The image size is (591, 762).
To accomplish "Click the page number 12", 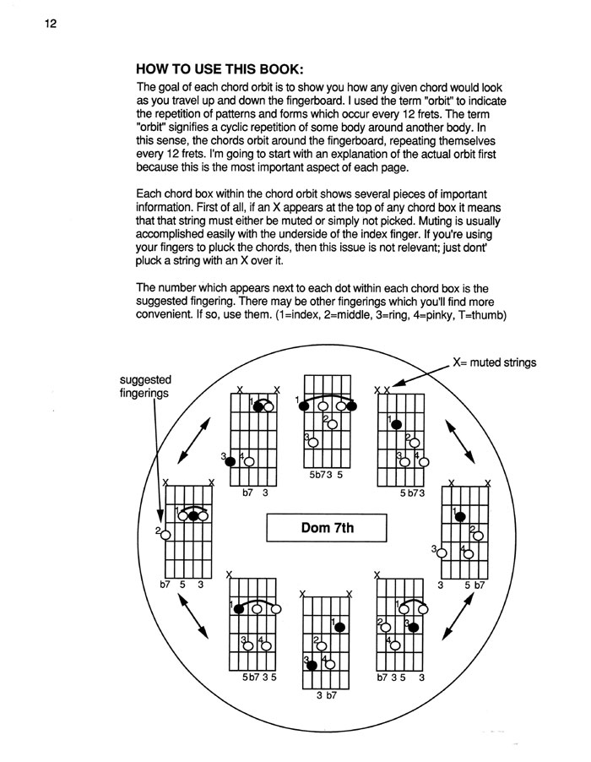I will [50, 23].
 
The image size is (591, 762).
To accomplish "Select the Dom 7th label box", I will [326, 530].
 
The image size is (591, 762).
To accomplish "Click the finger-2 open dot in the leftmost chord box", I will [165, 534].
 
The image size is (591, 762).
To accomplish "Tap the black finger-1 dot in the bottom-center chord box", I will [339, 627].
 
